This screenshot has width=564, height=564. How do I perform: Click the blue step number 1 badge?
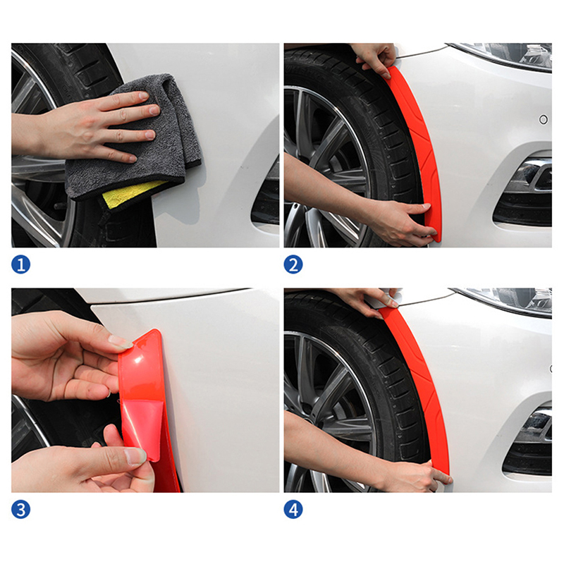tap(21, 264)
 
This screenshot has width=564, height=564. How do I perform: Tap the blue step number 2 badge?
tap(293, 264)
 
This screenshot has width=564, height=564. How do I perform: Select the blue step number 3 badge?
tap(21, 509)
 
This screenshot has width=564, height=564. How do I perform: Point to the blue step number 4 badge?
tap(293, 509)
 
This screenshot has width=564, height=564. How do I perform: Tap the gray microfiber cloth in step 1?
tap(144, 144)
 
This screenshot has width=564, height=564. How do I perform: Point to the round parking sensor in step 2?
tap(544, 119)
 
